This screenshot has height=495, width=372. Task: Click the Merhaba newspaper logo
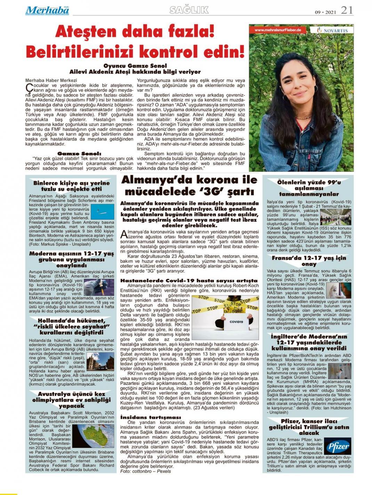click(47, 10)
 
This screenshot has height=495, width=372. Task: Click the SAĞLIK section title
click(189, 10)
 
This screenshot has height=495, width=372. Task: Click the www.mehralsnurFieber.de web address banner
click(278, 30)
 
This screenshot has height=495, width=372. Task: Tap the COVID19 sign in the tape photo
click(236, 322)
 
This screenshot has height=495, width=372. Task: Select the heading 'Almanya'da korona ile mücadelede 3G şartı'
click(189, 186)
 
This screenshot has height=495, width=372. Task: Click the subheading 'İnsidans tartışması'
click(150, 417)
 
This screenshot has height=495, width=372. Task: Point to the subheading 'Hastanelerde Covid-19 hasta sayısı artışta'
click(189, 280)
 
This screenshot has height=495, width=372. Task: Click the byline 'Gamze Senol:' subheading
click(79, 153)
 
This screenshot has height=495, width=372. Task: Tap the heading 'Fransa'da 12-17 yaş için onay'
click(308, 261)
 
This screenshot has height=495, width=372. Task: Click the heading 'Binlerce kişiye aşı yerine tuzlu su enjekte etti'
click(71, 186)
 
